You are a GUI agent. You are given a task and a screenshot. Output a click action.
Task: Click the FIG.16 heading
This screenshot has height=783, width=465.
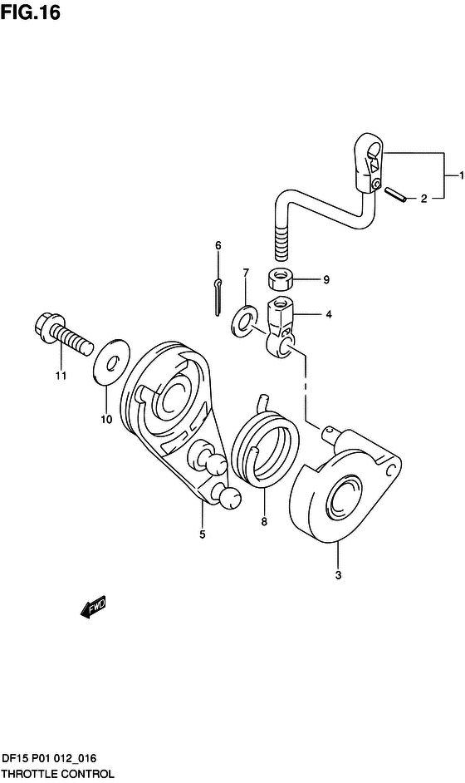click(31, 13)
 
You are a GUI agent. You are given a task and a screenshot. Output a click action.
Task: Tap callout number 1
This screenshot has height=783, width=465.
click(462, 175)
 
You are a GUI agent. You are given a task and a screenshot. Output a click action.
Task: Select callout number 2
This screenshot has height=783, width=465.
click(423, 199)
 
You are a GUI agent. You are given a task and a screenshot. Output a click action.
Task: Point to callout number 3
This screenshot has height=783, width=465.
click(338, 574)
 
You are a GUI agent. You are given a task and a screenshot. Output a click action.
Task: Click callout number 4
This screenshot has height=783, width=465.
click(329, 314)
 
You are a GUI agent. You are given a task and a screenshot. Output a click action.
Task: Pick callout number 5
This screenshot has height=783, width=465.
click(202, 534)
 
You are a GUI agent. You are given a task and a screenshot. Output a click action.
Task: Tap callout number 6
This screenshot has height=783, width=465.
click(218, 246)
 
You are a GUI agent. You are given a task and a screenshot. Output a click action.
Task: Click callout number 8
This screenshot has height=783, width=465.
click(264, 522)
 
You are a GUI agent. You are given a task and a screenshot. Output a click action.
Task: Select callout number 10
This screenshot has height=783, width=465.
click(106, 420)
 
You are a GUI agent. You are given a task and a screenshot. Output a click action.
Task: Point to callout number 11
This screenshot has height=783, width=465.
click(61, 376)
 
